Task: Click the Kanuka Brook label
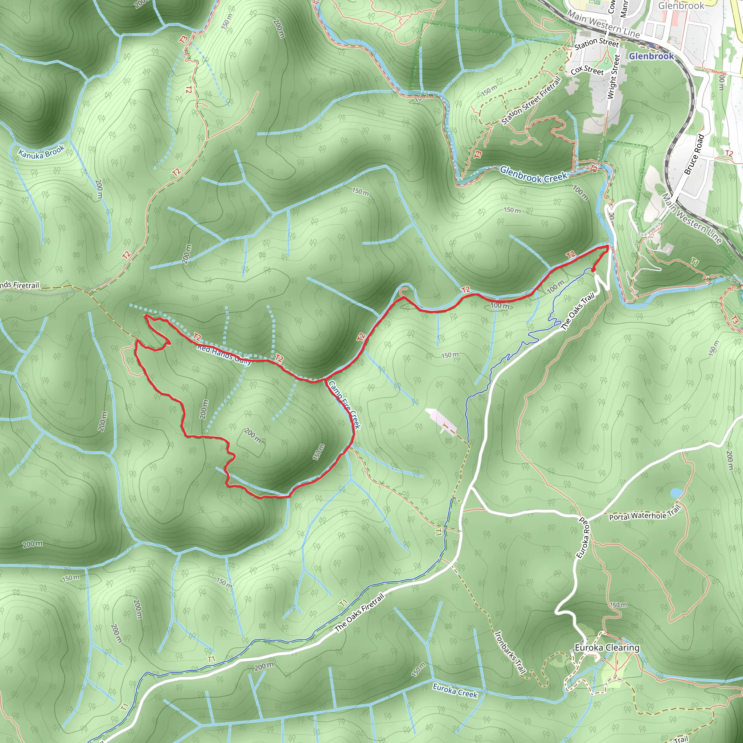(x=41, y=152)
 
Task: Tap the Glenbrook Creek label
(x=533, y=174)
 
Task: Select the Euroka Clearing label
(x=607, y=648)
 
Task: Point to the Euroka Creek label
(x=455, y=691)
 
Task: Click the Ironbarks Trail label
(x=510, y=652)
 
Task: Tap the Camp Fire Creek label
(x=345, y=405)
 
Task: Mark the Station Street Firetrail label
(x=531, y=101)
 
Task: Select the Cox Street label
(x=587, y=70)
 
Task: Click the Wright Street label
(x=613, y=77)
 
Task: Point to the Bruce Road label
(x=694, y=154)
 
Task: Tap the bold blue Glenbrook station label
(x=651, y=56)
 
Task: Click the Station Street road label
(x=596, y=44)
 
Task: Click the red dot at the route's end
(x=593, y=270)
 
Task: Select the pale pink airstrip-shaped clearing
(x=441, y=420)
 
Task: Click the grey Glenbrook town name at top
(x=681, y=6)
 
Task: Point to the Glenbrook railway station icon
(x=652, y=45)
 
